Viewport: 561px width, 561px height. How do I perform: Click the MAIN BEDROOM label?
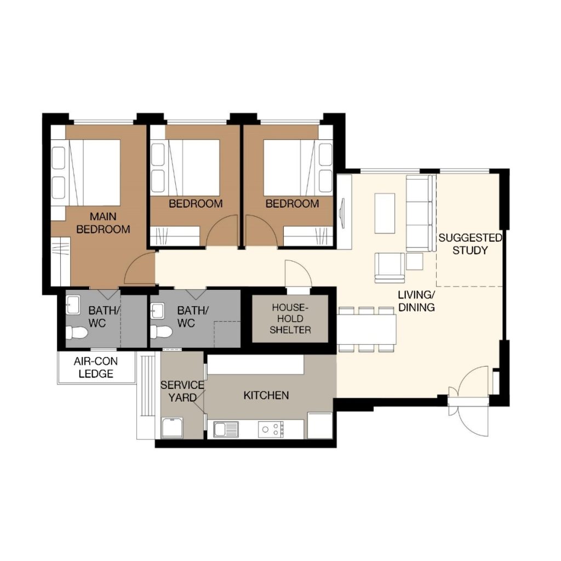pyautogui.click(x=103, y=222)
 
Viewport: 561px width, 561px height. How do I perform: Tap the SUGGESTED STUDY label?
pyautogui.click(x=470, y=244)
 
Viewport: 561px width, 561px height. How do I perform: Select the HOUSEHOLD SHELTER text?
pyautogui.click(x=290, y=318)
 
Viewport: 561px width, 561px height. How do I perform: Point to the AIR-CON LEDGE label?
pyautogui.click(x=95, y=368)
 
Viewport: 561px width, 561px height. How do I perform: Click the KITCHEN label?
pyautogui.click(x=266, y=395)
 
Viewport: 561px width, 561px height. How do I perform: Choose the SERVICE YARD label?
pyautogui.click(x=182, y=391)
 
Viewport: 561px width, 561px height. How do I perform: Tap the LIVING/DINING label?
pyautogui.click(x=416, y=301)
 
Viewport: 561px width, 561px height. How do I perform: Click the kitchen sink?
pyautogui.click(x=226, y=429)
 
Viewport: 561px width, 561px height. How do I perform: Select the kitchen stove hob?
pyautogui.click(x=271, y=429)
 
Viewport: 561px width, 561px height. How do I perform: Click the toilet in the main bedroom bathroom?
pyautogui.click(x=77, y=333)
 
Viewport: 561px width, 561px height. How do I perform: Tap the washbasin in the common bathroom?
pyautogui.click(x=157, y=310)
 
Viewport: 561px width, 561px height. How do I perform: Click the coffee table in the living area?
pyautogui.click(x=385, y=213)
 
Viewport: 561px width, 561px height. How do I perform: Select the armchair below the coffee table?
pyautogui.click(x=390, y=267)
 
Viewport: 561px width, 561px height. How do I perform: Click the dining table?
pyautogui.click(x=367, y=329)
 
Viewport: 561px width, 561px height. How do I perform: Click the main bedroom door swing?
pyautogui.click(x=140, y=267)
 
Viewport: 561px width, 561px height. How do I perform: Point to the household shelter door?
pyautogui.click(x=298, y=274)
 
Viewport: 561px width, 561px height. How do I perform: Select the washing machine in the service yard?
pyautogui.click(x=172, y=428)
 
